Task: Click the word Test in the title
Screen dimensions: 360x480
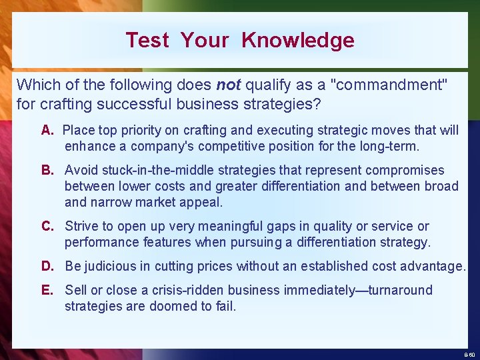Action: [x=147, y=40]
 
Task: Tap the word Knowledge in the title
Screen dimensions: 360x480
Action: [x=298, y=40]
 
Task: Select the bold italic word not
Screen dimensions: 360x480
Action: [x=229, y=85]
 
